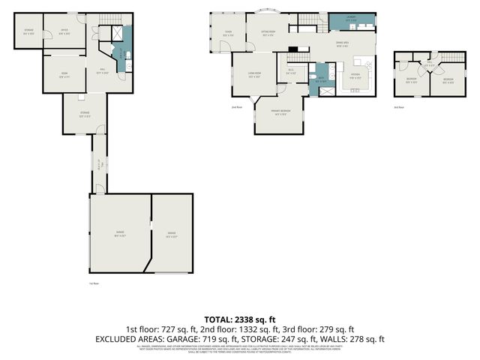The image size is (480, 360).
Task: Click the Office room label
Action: tap(65, 31)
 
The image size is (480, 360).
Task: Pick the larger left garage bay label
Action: tap(119, 234)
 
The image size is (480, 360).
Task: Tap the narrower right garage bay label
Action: tap(172, 234)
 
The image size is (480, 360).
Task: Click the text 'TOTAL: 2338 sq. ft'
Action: tap(240, 319)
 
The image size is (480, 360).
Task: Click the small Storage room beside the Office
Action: tap(28, 31)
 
